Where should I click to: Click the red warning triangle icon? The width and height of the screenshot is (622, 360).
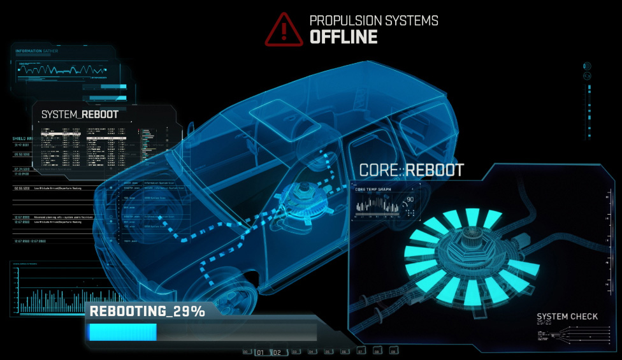click(284, 29)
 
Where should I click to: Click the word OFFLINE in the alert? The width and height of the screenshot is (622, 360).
click(343, 37)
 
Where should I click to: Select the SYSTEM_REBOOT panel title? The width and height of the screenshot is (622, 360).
click(80, 115)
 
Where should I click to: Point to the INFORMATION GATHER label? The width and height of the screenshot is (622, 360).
click(37, 51)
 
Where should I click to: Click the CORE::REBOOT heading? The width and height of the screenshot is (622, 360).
click(411, 170)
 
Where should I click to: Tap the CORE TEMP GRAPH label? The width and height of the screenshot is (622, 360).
click(372, 189)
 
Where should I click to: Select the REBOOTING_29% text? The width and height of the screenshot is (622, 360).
click(147, 311)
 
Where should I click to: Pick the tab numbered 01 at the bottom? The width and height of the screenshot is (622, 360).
click(261, 352)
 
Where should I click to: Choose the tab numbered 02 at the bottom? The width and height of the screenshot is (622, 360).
click(277, 352)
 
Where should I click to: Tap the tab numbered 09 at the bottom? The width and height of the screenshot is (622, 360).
click(393, 351)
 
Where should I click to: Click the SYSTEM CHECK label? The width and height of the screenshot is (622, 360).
click(567, 317)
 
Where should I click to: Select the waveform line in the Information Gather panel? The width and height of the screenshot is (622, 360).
click(57, 70)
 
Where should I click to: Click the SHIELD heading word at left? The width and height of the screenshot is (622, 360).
click(19, 138)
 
